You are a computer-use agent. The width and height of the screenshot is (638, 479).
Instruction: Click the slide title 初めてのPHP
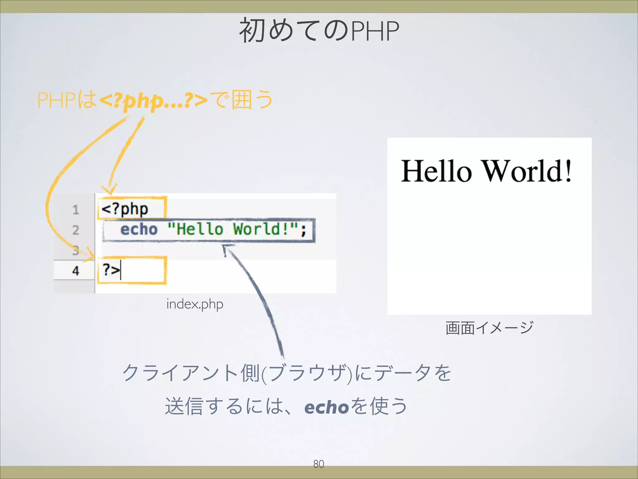(319, 31)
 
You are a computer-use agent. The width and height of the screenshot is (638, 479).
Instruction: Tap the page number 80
(318, 464)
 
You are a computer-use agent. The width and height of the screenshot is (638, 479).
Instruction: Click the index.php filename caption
(195, 304)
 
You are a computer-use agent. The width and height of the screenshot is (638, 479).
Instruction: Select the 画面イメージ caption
(489, 328)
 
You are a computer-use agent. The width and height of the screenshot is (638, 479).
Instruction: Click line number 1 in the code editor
(76, 210)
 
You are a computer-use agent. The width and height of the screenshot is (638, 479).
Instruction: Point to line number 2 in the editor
(76, 230)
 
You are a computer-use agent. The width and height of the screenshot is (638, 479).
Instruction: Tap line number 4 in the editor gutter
(76, 271)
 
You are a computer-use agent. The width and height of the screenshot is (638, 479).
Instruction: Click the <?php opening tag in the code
(125, 209)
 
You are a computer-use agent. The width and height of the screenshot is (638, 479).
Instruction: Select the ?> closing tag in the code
(111, 269)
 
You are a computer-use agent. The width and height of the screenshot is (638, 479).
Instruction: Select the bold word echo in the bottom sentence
(326, 407)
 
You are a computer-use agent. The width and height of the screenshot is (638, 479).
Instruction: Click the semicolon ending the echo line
(303, 230)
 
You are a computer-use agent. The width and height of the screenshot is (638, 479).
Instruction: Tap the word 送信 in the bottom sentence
(184, 406)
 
